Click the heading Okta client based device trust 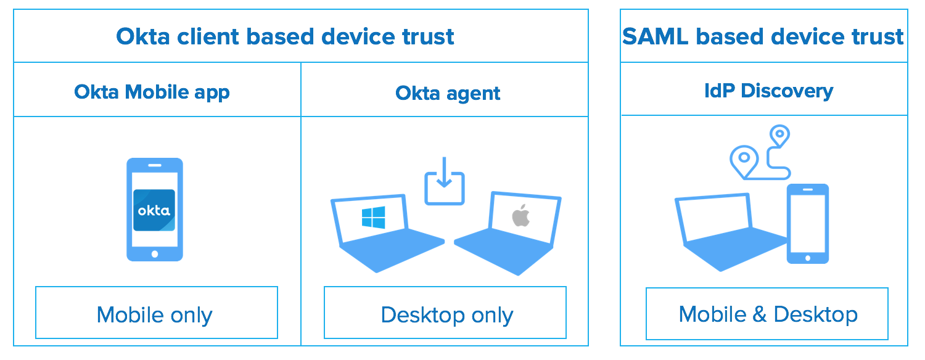(x=285, y=37)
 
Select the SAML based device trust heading (x=763, y=37)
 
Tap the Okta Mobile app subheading (x=152, y=92)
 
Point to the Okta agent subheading (x=448, y=93)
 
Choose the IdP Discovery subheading (x=768, y=91)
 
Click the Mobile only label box (x=157, y=313)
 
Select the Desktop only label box (x=445, y=313)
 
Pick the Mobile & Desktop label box (x=767, y=313)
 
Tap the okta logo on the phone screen (x=154, y=210)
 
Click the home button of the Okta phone (x=155, y=253)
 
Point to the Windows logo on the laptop (x=374, y=218)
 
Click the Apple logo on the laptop (x=521, y=216)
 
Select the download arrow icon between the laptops (x=444, y=180)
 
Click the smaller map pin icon (x=780, y=135)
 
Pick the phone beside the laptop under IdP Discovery (x=807, y=223)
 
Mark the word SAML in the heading (x=655, y=37)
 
